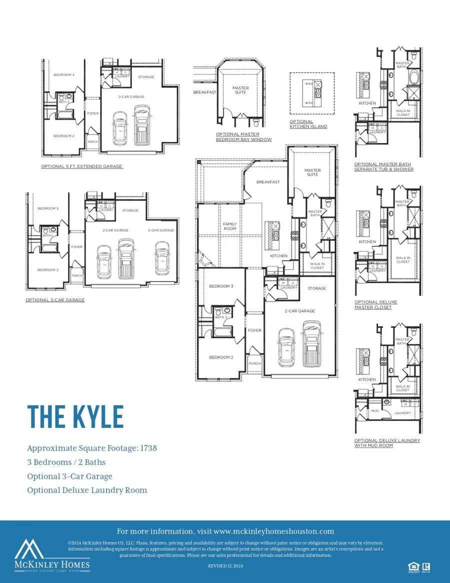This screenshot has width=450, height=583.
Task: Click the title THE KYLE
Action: tap(75, 416)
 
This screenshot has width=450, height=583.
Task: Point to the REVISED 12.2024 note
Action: tap(224, 565)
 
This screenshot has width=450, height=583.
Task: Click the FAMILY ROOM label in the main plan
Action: tap(229, 226)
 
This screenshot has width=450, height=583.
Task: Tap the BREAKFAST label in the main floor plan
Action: tap(268, 182)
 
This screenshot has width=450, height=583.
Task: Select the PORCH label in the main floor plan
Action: tap(254, 363)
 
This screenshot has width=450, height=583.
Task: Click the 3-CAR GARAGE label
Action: tap(161, 230)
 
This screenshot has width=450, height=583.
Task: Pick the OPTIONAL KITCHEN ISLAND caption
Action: tap(308, 124)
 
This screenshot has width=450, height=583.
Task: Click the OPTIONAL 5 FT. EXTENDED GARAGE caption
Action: tap(82, 166)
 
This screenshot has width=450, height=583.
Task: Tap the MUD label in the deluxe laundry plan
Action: tap(374, 410)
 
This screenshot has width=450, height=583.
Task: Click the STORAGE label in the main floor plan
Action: tap(317, 288)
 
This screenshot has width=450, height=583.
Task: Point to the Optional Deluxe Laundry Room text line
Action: tap(87, 490)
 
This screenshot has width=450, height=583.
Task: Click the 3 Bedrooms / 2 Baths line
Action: tap(66, 462)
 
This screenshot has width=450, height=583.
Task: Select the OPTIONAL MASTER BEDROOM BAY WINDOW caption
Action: tap(244, 136)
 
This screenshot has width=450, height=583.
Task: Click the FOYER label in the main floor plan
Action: tap(254, 330)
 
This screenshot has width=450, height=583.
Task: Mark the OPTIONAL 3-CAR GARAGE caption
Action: tap(55, 300)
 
